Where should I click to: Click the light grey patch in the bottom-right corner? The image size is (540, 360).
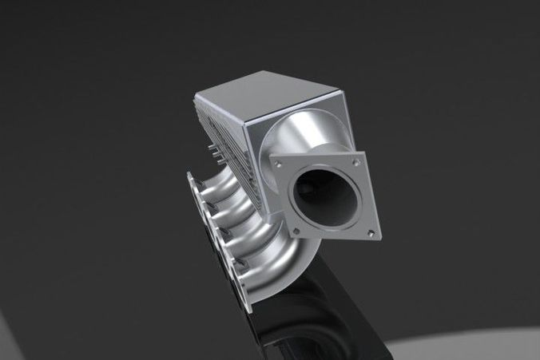pyautogui.click(x=479, y=343)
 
